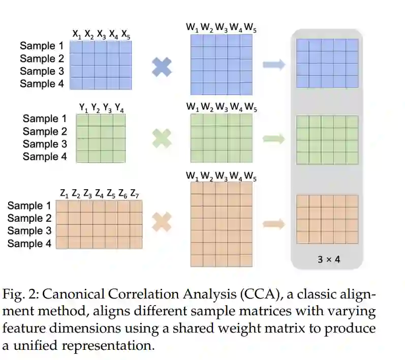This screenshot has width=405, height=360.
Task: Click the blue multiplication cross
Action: (x=162, y=67)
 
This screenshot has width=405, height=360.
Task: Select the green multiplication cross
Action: (x=162, y=138)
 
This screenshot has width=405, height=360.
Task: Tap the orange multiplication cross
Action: (x=162, y=222)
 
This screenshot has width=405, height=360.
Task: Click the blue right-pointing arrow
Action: (x=274, y=65)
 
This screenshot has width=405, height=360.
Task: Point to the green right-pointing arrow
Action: (x=274, y=138)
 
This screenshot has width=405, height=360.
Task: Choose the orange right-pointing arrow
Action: (x=274, y=223)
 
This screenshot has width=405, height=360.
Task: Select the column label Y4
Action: (x=119, y=108)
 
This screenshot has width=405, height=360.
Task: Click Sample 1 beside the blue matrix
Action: (x=42, y=46)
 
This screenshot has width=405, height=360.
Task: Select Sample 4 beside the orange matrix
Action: (x=29, y=244)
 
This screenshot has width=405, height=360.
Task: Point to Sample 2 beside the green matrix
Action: (x=45, y=131)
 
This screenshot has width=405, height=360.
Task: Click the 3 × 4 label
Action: (x=329, y=259)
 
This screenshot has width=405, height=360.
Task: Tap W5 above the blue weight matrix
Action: (x=250, y=29)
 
